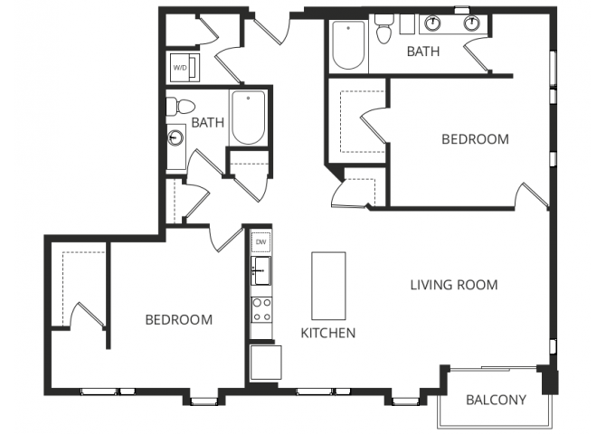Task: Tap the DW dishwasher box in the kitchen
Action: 260,242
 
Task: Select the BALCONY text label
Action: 496,401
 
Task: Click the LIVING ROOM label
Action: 454,285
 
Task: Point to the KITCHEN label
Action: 327,333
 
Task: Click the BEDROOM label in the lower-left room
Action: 179,320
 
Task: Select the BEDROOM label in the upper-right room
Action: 475,139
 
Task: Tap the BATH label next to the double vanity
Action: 423,52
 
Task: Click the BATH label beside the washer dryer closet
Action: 207,122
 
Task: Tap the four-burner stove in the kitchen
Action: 260,310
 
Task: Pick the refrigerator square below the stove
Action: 264,363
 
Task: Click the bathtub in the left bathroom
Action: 248,118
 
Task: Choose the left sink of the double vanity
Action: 433,24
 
